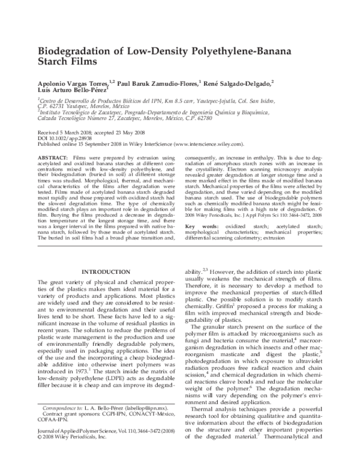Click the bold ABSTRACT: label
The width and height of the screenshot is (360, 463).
pos(53,156)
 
